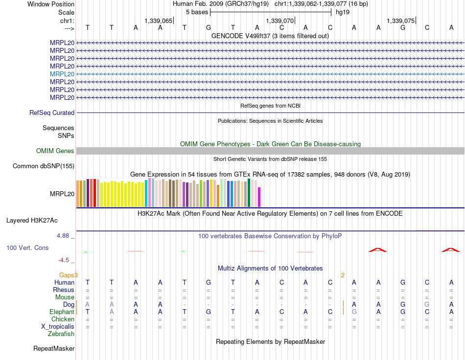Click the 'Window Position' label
point(51,4)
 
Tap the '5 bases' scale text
point(197,12)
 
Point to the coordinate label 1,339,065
point(159,21)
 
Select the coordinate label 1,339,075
point(401,21)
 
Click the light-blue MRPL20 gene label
point(62,74)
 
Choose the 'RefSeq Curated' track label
point(52,112)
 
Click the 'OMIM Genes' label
point(55,151)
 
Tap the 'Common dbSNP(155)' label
point(44,166)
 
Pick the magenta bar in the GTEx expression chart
point(259,197)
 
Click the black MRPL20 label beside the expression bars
point(62,194)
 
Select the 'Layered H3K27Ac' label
point(32,221)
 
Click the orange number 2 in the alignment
point(343,275)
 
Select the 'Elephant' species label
point(62,312)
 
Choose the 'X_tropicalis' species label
point(58,327)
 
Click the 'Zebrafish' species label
point(61,334)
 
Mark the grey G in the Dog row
point(427,304)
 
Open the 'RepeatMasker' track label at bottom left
point(54,348)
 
